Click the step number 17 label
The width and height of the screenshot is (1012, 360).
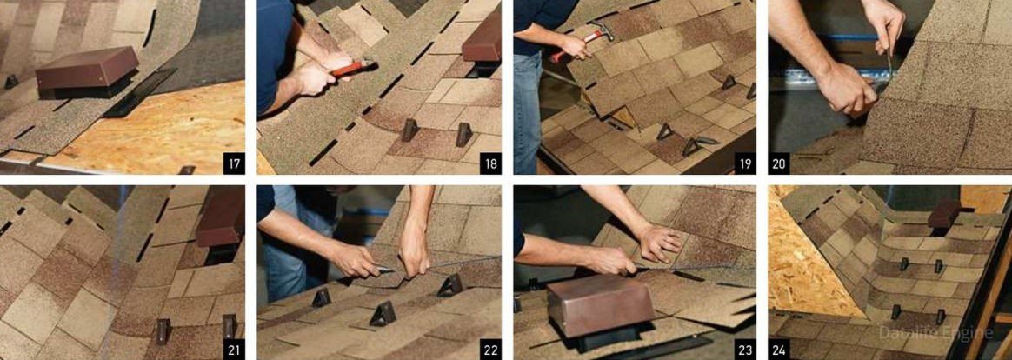[x=234, y=163]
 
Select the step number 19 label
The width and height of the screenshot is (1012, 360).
[x=745, y=163]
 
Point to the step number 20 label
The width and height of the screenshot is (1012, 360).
[x=779, y=163]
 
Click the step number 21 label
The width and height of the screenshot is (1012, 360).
[x=234, y=349]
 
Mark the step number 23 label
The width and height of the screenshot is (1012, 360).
[x=745, y=349]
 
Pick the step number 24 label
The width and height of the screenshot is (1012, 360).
[x=779, y=349]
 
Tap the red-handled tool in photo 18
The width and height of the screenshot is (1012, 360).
[x=353, y=67]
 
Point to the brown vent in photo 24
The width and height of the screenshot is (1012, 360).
[x=944, y=214]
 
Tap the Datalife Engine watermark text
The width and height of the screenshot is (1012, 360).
[x=935, y=333]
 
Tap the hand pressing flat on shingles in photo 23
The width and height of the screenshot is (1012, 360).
[x=657, y=242]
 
